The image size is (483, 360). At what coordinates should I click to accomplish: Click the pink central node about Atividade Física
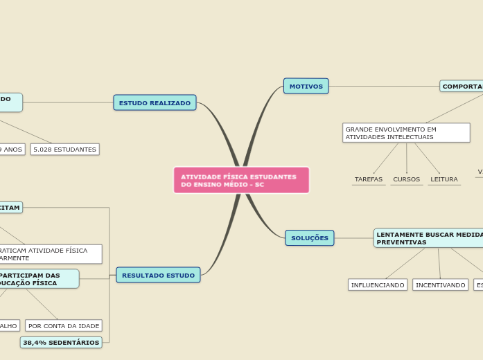coord(241,180)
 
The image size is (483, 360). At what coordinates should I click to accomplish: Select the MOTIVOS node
coord(306,86)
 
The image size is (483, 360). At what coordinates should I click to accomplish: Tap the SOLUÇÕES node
coord(309,237)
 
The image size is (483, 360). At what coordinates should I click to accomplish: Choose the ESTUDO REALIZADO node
coord(155,102)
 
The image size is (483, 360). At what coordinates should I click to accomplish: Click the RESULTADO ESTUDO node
coord(158,275)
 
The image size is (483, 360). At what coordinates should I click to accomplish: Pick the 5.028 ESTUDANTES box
coord(64,149)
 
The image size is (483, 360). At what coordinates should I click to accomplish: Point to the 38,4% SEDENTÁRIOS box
coord(61,342)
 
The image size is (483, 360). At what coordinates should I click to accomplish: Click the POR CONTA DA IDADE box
coord(64,325)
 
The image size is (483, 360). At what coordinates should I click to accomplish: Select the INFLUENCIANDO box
coord(377,285)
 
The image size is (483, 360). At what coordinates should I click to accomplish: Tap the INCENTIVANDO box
coord(440,285)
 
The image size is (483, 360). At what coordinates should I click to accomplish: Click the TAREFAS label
coord(368,179)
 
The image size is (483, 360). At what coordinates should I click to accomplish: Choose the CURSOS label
coord(406,179)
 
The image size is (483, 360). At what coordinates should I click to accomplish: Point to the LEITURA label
coord(444,179)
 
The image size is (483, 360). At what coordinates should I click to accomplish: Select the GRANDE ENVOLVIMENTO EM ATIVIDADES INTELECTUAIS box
coord(406,133)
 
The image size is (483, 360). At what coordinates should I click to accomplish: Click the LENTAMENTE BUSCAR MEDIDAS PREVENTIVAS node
coord(428,238)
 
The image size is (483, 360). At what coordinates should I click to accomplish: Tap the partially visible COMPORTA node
coord(462,86)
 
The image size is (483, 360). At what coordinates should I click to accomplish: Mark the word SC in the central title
coord(259,185)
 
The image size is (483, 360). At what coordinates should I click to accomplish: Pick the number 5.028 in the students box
coord(43,149)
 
